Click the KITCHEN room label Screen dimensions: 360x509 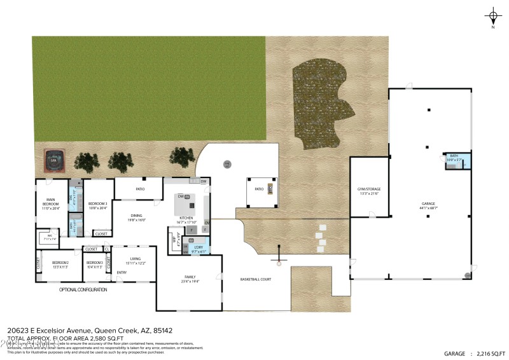pyautogui.click(x=186, y=220)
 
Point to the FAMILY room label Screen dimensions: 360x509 pyautogui.click(x=190, y=278)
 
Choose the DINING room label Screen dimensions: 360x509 pyautogui.click(x=137, y=217)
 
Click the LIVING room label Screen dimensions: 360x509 pyautogui.click(x=135, y=260)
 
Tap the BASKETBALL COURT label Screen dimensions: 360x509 pyautogui.click(x=256, y=279)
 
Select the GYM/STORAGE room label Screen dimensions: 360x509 pyautogui.click(x=369, y=191)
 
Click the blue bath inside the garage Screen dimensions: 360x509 pyautogui.click(x=457, y=160)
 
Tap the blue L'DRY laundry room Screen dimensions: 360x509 pyautogui.click(x=198, y=249)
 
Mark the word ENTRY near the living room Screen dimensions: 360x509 pyautogui.click(x=122, y=273)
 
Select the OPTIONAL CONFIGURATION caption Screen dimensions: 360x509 pyautogui.click(x=83, y=289)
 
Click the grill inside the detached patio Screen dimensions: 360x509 pyautogui.click(x=270, y=189)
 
